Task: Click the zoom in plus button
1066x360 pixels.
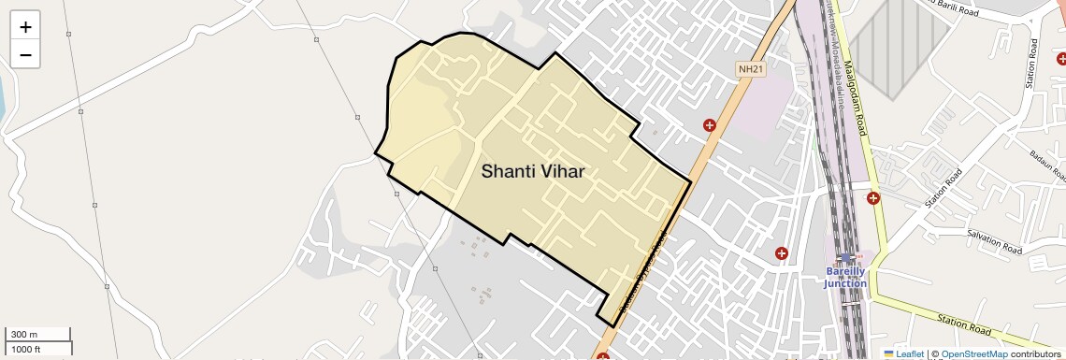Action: (x=25, y=27)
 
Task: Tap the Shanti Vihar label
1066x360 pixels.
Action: (x=533, y=171)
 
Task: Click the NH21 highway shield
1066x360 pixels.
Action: (x=750, y=69)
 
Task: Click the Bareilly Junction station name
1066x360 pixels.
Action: (x=845, y=277)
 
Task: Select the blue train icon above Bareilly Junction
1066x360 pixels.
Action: (x=846, y=257)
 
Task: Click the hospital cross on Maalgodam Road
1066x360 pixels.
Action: (x=873, y=197)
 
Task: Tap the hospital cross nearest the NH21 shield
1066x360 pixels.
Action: (x=710, y=125)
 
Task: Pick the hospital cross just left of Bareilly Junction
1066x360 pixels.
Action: (x=782, y=252)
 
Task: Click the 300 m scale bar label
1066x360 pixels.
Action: (x=24, y=335)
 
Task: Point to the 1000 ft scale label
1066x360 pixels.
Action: (x=26, y=350)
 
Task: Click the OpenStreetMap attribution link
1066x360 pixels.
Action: (x=973, y=353)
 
